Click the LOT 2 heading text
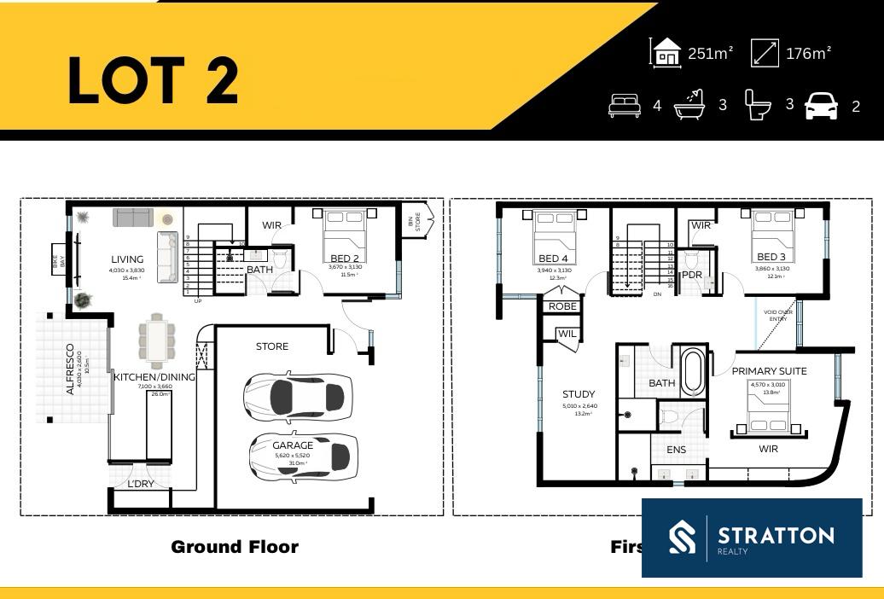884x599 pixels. (x=154, y=81)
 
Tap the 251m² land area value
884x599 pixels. (x=711, y=53)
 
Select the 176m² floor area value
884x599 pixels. (x=808, y=53)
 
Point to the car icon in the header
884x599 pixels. (x=821, y=106)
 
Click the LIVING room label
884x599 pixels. (x=126, y=259)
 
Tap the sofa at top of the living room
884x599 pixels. (x=133, y=218)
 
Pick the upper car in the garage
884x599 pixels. (x=297, y=396)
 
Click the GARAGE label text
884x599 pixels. (x=293, y=445)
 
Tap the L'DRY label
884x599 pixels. (x=140, y=484)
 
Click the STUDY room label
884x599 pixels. (x=579, y=394)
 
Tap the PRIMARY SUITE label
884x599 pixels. (x=769, y=371)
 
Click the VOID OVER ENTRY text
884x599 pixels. (x=778, y=316)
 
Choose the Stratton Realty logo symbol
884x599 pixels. (x=682, y=538)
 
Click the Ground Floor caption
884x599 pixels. (x=235, y=547)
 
